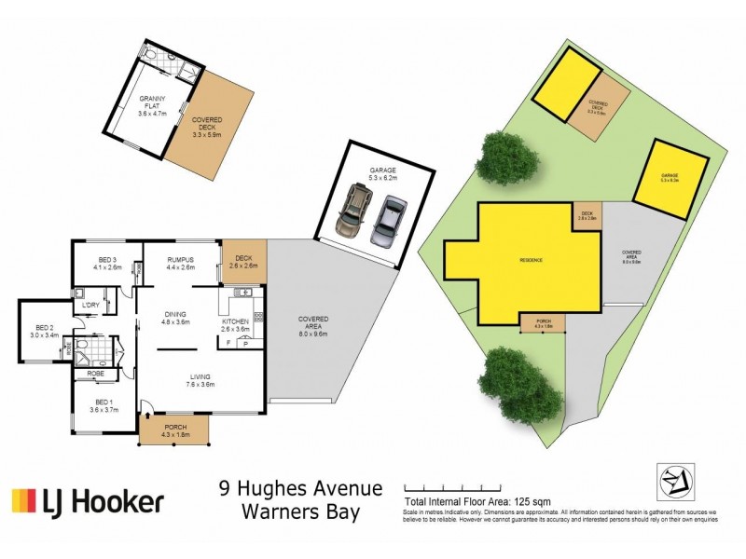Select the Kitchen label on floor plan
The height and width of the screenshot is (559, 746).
(237, 324)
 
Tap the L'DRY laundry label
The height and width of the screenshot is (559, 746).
(91, 306)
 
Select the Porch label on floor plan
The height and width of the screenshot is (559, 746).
(174, 429)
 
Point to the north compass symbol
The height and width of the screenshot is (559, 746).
(674, 479)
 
